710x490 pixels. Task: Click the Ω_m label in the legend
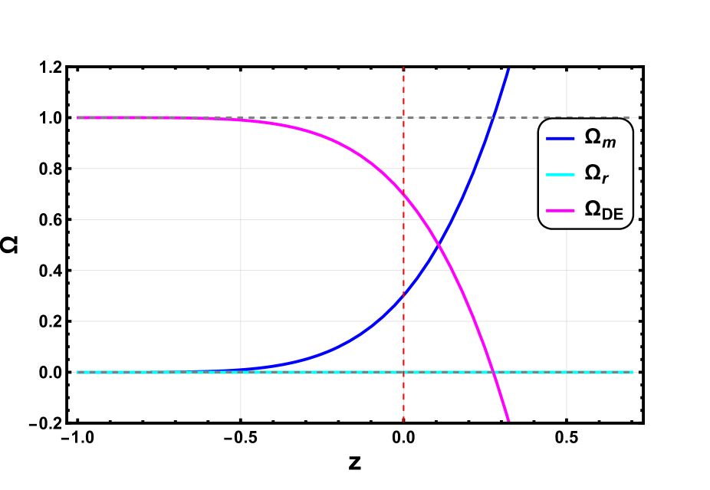(600, 139)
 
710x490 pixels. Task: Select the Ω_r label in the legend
(597, 175)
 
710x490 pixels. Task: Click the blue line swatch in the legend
(560, 139)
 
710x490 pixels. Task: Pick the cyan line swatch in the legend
(560, 175)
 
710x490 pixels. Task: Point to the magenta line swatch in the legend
(560, 211)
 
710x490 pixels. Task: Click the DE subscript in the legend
(613, 215)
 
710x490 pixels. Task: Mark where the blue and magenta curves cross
(438, 245)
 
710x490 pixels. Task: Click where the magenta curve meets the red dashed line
(403, 193)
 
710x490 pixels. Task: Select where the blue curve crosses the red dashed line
(403, 296)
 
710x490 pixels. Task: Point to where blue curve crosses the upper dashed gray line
(494, 117)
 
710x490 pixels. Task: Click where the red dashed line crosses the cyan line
(403, 372)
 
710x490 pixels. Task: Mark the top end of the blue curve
(508, 70)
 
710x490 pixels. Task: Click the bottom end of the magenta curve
(508, 419)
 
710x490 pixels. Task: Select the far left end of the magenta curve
(77, 117)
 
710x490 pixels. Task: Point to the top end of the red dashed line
(403, 67)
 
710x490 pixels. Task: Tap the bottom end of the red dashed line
(403, 422)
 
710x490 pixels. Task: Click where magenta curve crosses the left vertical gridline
(241, 120)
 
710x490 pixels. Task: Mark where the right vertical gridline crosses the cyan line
(567, 372)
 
